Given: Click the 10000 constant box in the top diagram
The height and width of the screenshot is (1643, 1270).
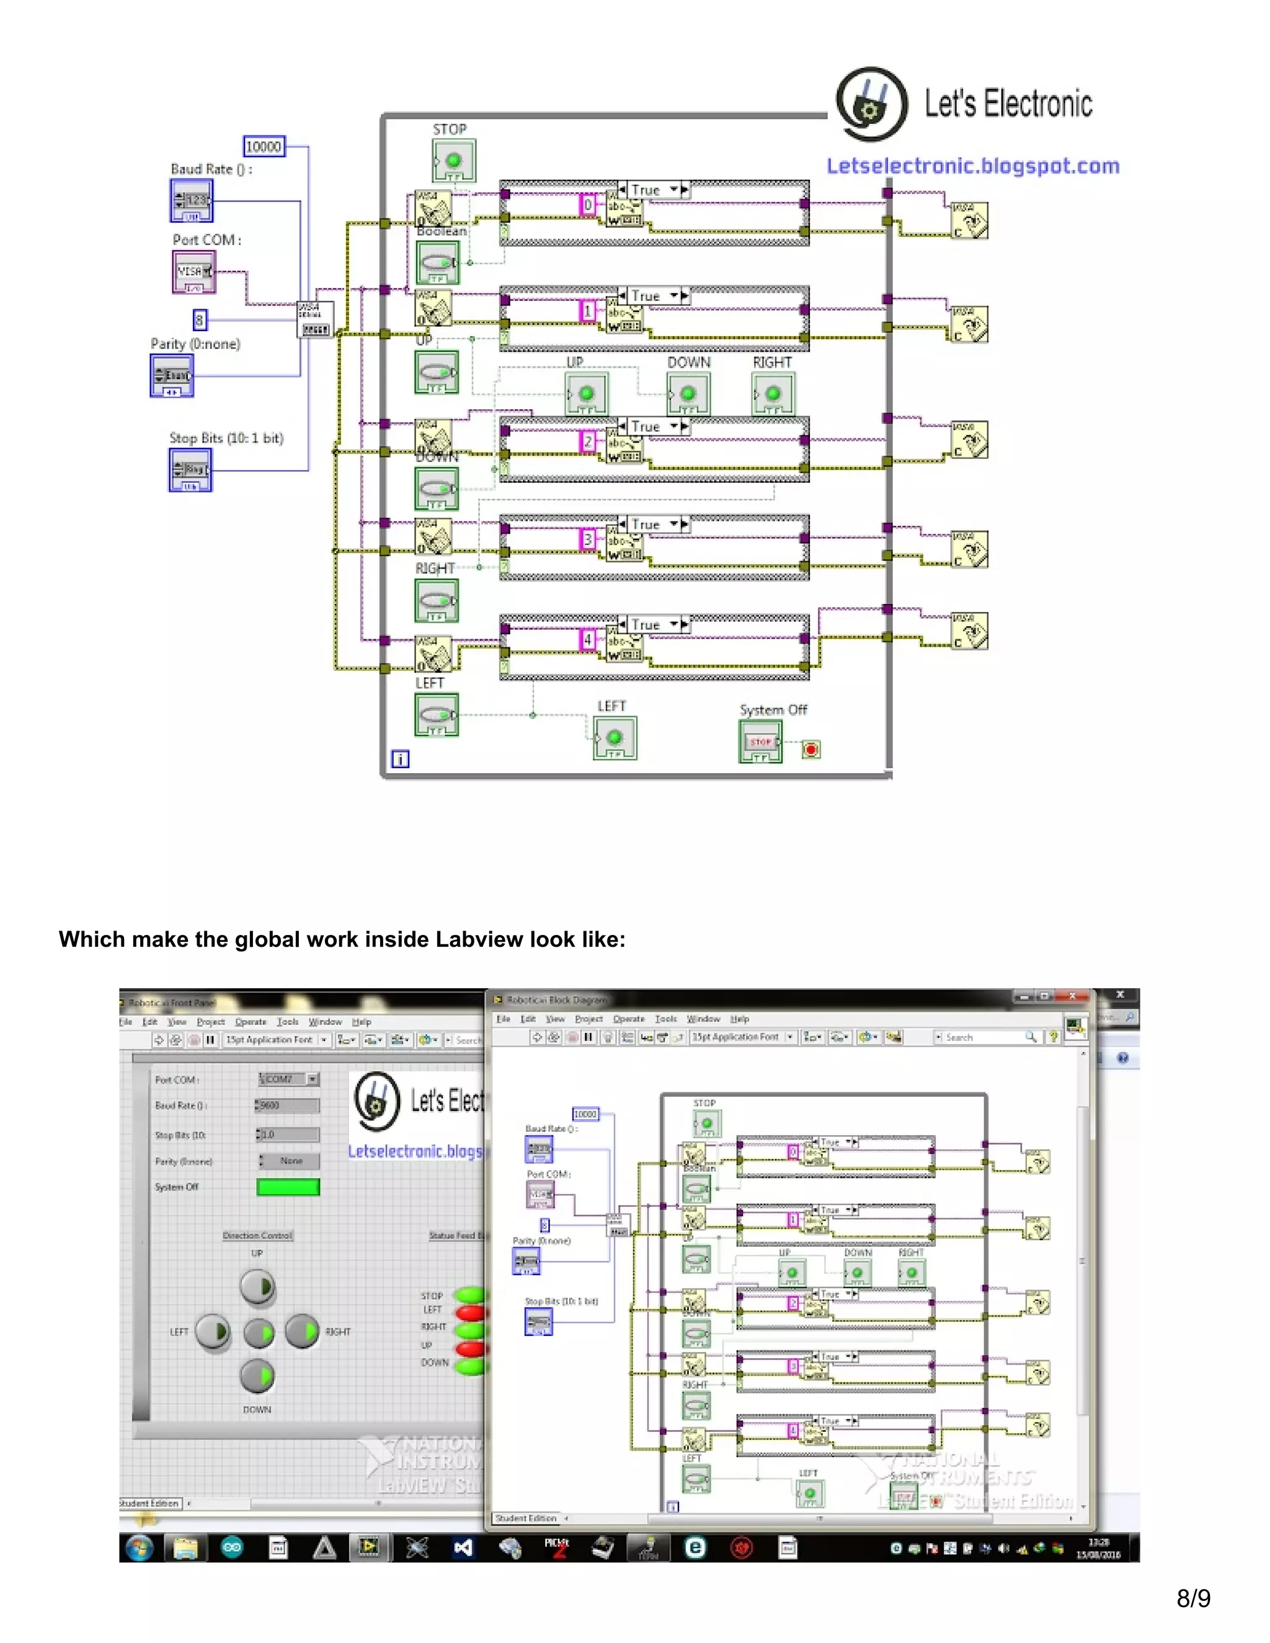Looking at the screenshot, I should [x=264, y=147].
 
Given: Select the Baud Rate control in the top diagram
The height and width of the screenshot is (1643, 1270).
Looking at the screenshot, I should [x=192, y=201].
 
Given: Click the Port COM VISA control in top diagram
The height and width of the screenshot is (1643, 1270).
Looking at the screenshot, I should [x=194, y=272].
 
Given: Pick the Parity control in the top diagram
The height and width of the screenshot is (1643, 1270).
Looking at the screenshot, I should [x=172, y=375].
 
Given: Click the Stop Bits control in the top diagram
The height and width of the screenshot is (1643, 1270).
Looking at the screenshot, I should [x=190, y=470].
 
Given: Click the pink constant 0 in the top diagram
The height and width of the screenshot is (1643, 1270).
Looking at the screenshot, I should [x=588, y=205].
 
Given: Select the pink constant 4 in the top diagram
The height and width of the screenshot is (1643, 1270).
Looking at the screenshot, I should [x=588, y=639].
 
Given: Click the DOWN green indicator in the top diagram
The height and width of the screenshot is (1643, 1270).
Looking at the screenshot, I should [x=688, y=394].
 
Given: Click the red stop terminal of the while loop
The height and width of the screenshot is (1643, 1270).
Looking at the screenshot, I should [x=810, y=750].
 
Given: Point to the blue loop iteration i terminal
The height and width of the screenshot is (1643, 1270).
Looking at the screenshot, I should [x=400, y=759].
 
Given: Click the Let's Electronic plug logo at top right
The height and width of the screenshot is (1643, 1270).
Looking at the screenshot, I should [x=871, y=104].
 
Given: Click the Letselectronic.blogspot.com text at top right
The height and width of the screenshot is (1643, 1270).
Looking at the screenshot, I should [x=972, y=166].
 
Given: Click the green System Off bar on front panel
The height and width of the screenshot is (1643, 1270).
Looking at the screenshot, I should [x=288, y=1187].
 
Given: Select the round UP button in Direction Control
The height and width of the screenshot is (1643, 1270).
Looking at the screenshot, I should [x=257, y=1287].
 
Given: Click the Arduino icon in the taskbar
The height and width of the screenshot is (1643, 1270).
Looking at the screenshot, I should [x=233, y=1548].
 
